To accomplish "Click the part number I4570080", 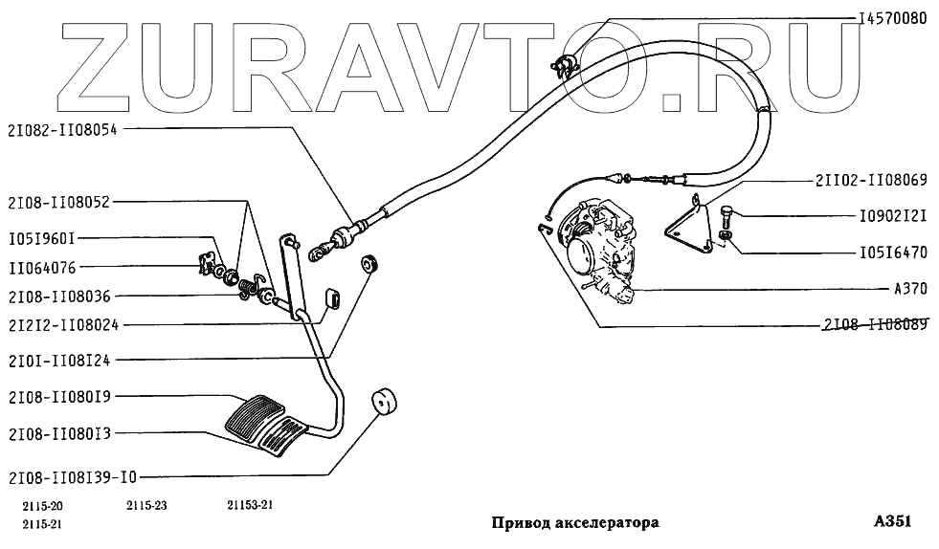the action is pos(892,18).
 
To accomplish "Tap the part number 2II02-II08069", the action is pos(870,179).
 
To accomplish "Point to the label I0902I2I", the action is pos(891,216).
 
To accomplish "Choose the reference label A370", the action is pos(909,288).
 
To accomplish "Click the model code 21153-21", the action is pos(251,507).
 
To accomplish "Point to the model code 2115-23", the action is pos(145,507).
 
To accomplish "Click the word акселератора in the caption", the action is pos(606,524).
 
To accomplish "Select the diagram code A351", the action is pos(892,522).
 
